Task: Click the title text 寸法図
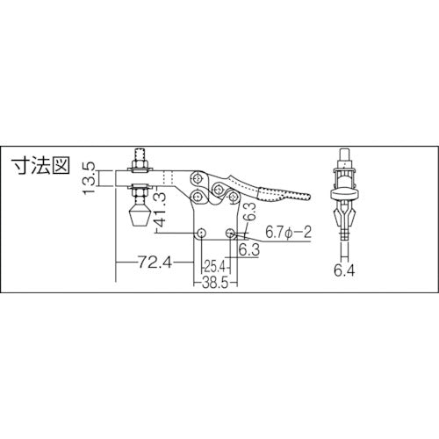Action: tap(38, 167)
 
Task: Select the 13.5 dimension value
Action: tap(89, 177)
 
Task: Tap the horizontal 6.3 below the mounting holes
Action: tap(248, 250)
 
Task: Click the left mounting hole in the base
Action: tap(202, 234)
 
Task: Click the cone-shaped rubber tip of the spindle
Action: tap(139, 213)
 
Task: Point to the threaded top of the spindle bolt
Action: tap(139, 158)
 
